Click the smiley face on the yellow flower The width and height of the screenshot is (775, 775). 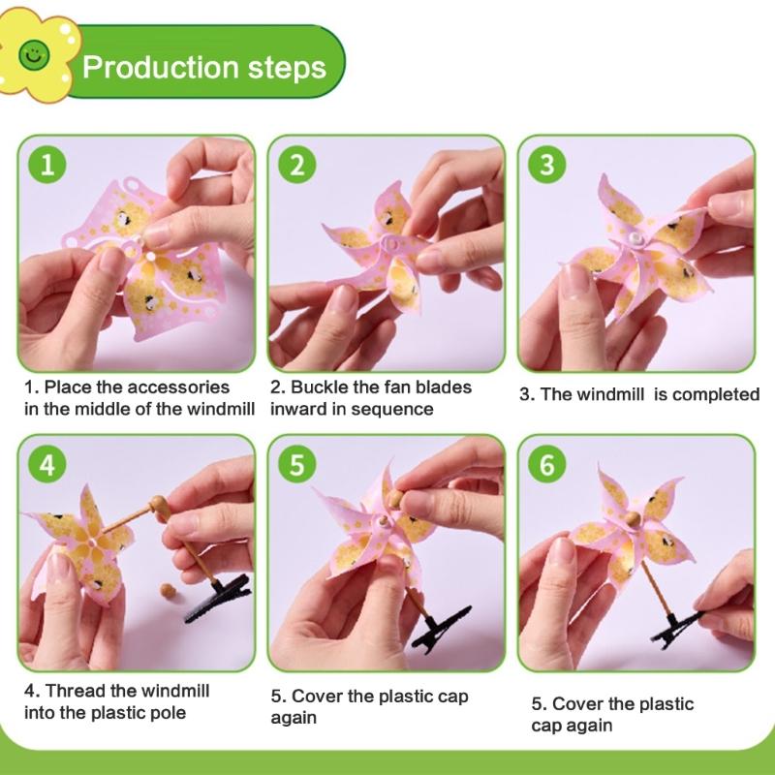click(x=36, y=55)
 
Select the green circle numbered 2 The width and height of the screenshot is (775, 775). click(x=296, y=164)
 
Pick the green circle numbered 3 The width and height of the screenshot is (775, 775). click(x=547, y=164)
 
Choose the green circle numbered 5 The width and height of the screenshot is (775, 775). click(x=296, y=464)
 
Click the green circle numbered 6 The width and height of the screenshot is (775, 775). click(x=547, y=464)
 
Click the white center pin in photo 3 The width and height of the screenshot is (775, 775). click(x=636, y=237)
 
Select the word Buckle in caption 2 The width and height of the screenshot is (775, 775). click(x=322, y=387)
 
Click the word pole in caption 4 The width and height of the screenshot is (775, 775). click(x=168, y=714)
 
